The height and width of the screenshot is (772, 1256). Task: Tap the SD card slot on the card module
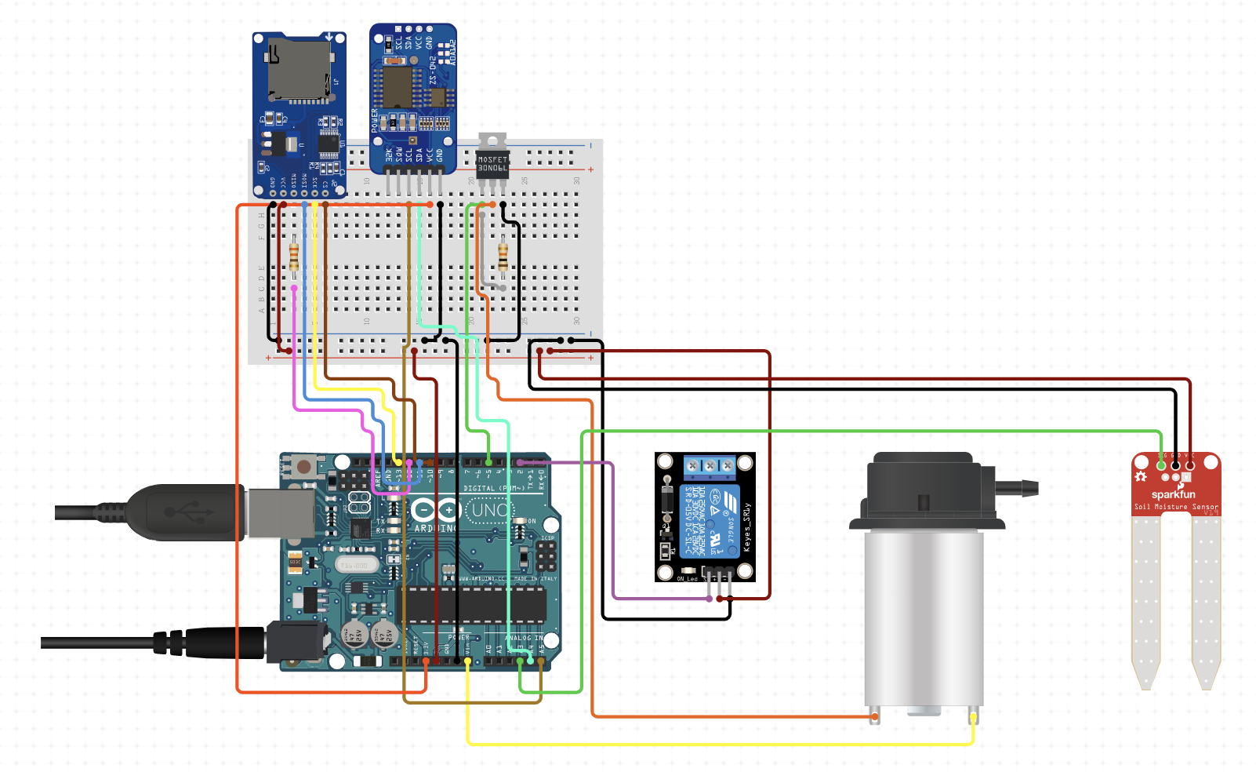click(x=298, y=71)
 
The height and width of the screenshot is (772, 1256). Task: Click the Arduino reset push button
click(x=303, y=468)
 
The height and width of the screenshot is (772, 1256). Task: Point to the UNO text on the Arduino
click(x=490, y=511)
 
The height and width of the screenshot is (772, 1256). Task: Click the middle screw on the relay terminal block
click(x=710, y=466)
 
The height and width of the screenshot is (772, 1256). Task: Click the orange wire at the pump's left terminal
click(x=875, y=716)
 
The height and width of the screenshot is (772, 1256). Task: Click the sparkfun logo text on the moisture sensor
click(x=1173, y=494)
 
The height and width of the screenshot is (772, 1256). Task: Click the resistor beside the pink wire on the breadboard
click(x=294, y=257)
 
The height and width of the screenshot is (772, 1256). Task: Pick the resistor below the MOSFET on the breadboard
click(x=503, y=257)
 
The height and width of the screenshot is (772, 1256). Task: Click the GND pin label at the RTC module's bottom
click(x=440, y=155)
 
